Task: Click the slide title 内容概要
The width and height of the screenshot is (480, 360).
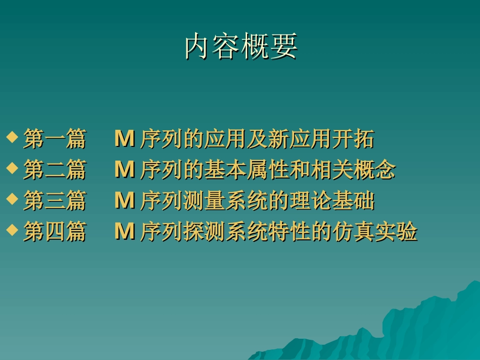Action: [241, 47]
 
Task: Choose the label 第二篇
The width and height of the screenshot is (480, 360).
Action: [55, 171]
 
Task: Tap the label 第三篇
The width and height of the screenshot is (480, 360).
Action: [55, 201]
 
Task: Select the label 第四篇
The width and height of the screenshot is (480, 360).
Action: [55, 233]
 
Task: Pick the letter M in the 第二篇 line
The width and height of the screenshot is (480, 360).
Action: [124, 171]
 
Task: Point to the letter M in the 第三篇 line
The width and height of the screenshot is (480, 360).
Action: [124, 201]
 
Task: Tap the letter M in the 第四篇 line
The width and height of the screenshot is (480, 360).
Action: [124, 233]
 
